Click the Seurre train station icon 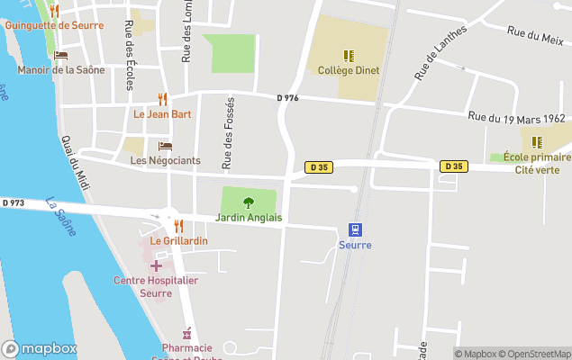(356, 229)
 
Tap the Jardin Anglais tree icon (249, 202)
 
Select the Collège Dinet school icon (348, 55)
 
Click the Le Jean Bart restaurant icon (162, 99)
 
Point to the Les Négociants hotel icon (165, 146)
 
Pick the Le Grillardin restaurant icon (178, 226)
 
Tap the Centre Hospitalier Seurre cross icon (156, 265)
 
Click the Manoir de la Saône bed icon (60, 55)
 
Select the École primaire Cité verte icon (537, 142)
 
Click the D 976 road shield (287, 98)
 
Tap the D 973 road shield (13, 202)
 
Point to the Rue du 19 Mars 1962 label (516, 118)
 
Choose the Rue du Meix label (535, 36)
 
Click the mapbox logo (39, 349)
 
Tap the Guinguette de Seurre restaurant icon (54, 11)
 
